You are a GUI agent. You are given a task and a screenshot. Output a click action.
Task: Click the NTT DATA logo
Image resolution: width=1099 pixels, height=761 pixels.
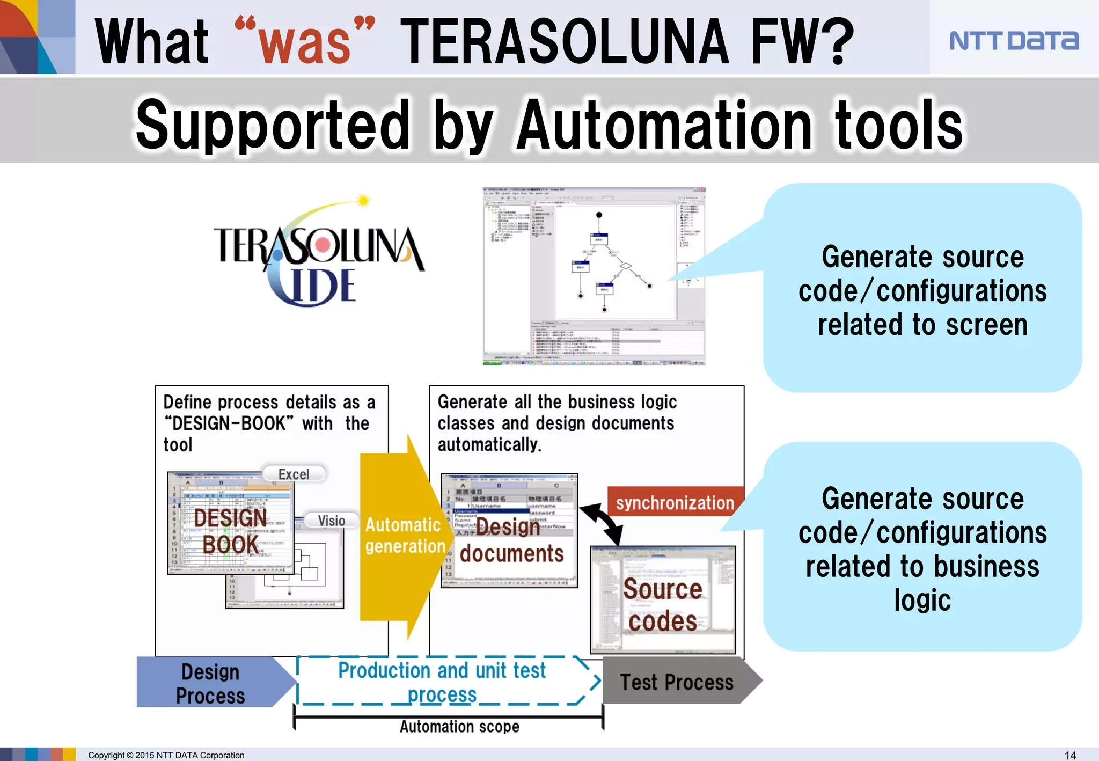click(1013, 41)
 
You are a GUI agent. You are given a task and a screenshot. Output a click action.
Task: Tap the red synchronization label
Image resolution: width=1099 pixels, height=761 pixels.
click(675, 502)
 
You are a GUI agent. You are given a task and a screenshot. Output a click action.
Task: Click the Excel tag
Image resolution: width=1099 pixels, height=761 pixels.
click(294, 474)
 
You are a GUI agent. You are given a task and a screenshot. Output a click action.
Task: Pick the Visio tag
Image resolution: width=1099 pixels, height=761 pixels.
click(331, 520)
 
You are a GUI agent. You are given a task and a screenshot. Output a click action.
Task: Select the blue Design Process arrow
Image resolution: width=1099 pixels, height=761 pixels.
click(212, 683)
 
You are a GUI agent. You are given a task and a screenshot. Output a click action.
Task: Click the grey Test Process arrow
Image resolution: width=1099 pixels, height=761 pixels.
click(677, 682)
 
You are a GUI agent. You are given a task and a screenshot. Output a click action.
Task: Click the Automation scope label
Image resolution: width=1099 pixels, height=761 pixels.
click(459, 726)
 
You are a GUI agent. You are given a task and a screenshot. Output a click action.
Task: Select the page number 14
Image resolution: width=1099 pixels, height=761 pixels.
click(1070, 755)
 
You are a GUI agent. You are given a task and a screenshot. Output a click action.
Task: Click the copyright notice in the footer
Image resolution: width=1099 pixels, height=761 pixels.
click(166, 755)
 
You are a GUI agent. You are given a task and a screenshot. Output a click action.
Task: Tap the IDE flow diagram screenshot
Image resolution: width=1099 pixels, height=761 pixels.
click(594, 276)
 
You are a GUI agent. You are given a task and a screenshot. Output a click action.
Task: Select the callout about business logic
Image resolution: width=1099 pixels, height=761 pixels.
click(922, 547)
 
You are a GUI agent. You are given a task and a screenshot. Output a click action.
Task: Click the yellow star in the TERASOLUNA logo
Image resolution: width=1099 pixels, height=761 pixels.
click(363, 201)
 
